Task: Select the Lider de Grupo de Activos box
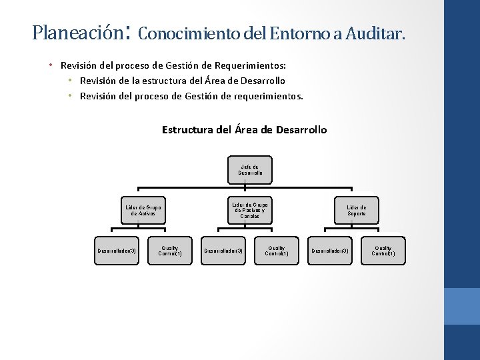pos(143,211)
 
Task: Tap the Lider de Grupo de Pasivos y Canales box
pos(250,210)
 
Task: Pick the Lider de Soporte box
pos(356,211)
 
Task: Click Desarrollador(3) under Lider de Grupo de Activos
pos(117,251)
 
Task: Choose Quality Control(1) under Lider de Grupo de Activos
pos(170,251)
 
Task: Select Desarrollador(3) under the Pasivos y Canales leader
pos(223,251)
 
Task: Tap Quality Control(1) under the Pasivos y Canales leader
pos(277,251)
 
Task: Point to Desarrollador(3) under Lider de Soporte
pos(329,251)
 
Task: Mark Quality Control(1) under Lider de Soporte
pos(383,251)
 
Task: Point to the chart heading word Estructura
pos(188,129)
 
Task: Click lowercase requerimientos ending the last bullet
pos(269,96)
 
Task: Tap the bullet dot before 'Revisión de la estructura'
pos(70,81)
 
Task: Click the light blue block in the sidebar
pos(461,306)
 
